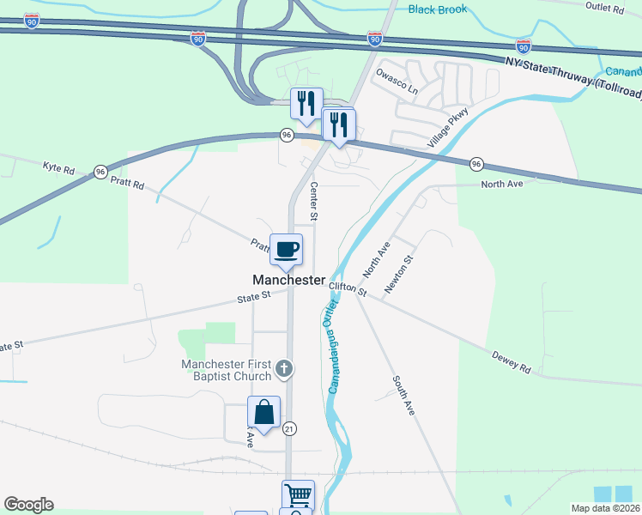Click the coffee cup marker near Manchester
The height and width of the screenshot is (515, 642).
click(x=287, y=250)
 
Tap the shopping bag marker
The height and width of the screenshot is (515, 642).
click(x=263, y=412)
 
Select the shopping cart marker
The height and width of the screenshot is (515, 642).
click(x=298, y=495)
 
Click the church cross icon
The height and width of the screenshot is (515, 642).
click(x=285, y=370)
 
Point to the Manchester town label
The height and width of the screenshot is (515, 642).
click(x=289, y=281)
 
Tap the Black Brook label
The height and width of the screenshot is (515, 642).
click(x=438, y=9)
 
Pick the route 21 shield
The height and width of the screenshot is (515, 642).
click(x=289, y=428)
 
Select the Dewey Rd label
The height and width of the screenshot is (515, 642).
click(x=512, y=361)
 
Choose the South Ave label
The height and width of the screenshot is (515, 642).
click(x=404, y=396)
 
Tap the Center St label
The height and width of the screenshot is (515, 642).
click(x=314, y=202)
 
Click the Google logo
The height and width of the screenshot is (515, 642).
click(x=28, y=505)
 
